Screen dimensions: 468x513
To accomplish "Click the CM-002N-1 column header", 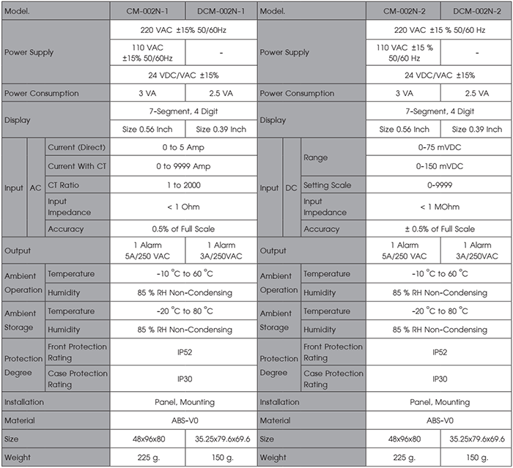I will [x=147, y=11].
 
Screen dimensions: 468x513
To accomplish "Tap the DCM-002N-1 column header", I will [x=221, y=11].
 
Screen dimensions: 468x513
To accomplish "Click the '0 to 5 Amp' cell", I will [x=183, y=148].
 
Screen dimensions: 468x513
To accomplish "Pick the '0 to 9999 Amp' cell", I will [x=183, y=166].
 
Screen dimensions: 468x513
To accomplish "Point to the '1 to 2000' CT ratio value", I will [x=183, y=186].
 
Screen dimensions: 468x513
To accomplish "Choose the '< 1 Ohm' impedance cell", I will [x=183, y=207].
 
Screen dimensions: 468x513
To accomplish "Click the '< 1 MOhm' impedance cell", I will [x=440, y=207].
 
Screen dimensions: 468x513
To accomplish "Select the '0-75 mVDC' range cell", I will [x=440, y=148].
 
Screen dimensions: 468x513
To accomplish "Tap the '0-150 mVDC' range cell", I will [x=440, y=166].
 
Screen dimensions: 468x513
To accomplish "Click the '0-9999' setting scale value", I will [x=440, y=186].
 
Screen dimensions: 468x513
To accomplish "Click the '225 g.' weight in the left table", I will [x=147, y=457].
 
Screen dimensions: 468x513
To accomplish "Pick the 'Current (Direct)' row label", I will [x=77, y=148].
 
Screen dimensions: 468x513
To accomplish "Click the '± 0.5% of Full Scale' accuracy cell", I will [x=440, y=229].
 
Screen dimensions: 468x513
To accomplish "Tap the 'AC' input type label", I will [x=35, y=188].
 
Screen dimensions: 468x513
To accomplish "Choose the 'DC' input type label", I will [x=292, y=188].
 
